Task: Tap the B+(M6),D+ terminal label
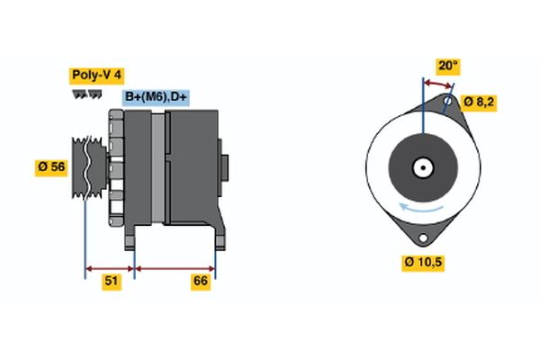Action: (x=156, y=97)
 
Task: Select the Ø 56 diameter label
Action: (x=51, y=166)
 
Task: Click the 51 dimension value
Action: (x=111, y=282)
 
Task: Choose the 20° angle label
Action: (x=447, y=66)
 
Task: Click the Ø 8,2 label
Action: (x=478, y=102)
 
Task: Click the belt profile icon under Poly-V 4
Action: (x=86, y=94)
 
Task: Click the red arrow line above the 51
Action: (x=110, y=267)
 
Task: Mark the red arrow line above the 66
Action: (x=175, y=267)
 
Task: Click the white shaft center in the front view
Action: (x=423, y=166)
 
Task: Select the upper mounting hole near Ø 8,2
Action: (x=447, y=101)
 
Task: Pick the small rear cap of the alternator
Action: (x=224, y=166)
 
